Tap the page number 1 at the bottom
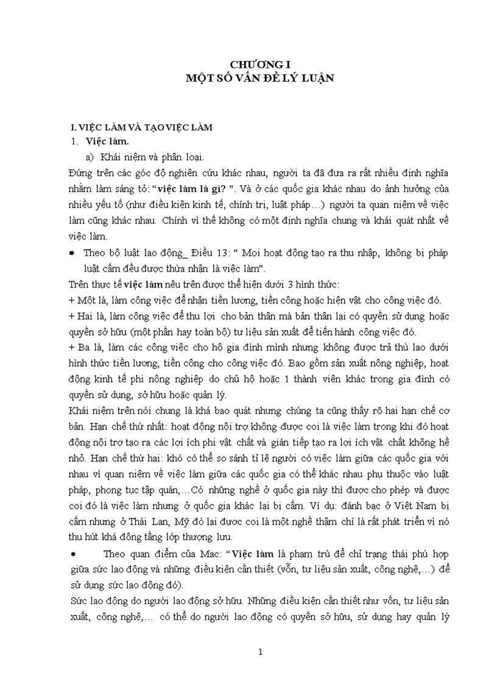260,652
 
